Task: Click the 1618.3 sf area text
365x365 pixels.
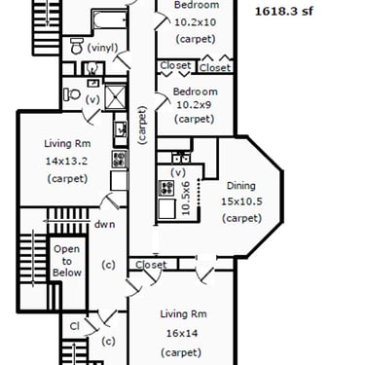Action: pyautogui.click(x=284, y=12)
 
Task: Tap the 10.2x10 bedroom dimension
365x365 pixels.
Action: pyautogui.click(x=196, y=22)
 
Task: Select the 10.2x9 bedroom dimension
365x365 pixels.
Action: pyautogui.click(x=195, y=105)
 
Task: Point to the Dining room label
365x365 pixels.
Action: pyautogui.click(x=241, y=186)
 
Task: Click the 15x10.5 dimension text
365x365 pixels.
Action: pyautogui.click(x=241, y=201)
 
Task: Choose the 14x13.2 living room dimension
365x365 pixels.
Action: pyautogui.click(x=67, y=161)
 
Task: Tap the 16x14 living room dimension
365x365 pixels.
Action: pyautogui.click(x=182, y=333)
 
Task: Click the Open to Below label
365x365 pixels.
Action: pyautogui.click(x=67, y=261)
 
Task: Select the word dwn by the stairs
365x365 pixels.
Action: pyautogui.click(x=104, y=224)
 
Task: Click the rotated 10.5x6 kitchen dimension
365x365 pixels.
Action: pyautogui.click(x=186, y=199)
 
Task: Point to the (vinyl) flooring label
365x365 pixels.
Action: pyautogui.click(x=102, y=48)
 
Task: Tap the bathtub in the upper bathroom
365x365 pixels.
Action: pyautogui.click(x=110, y=19)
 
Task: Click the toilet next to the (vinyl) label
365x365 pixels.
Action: pyautogui.click(x=77, y=46)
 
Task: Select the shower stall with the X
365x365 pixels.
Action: pyautogui.click(x=115, y=96)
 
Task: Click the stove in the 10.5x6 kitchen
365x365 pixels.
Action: pyautogui.click(x=165, y=188)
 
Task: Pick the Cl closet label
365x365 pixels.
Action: pyautogui.click(x=75, y=326)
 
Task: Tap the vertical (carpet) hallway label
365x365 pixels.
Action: pyautogui.click(x=142, y=125)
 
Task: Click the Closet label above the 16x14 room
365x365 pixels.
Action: pyautogui.click(x=151, y=265)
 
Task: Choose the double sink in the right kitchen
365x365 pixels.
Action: pyautogui.click(x=181, y=158)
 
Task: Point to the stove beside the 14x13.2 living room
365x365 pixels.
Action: pyautogui.click(x=120, y=159)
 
